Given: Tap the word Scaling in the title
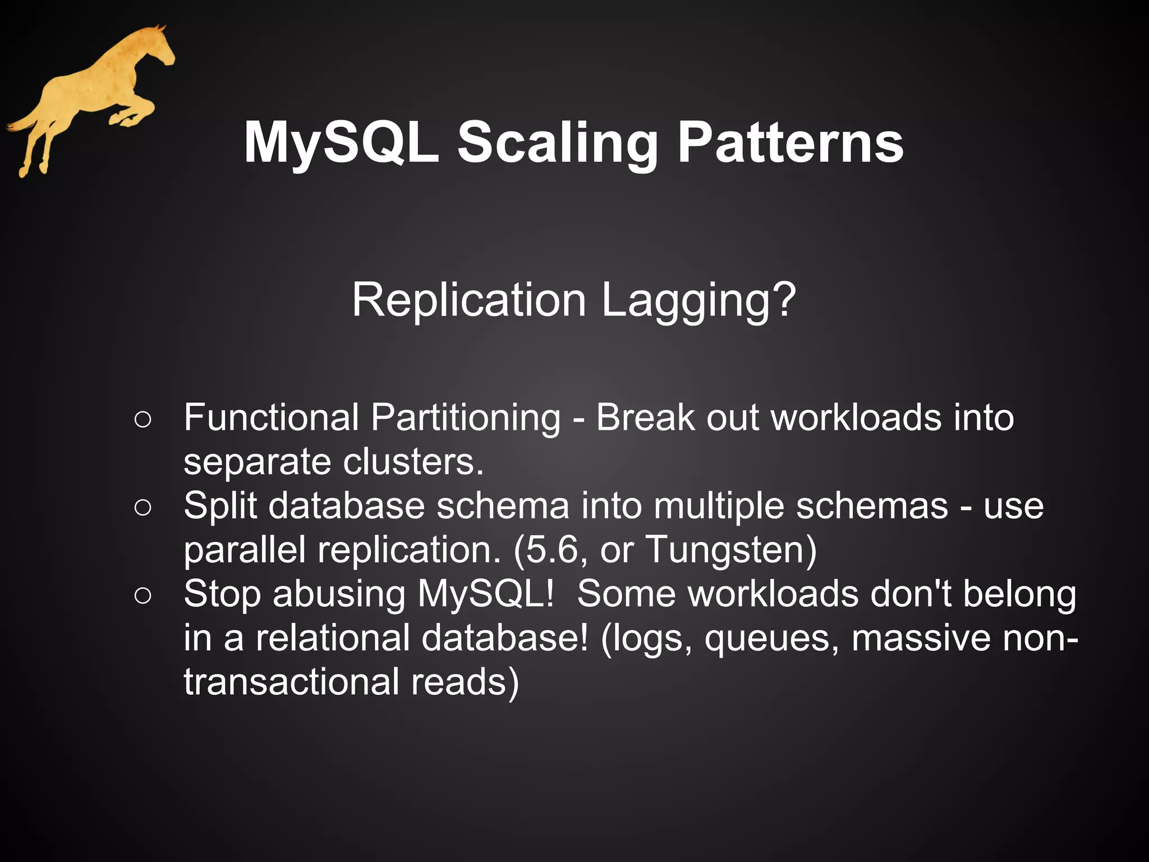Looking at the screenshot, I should point(558,145).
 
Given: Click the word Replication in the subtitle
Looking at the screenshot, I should point(469,300).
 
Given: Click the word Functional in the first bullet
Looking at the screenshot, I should point(271,418).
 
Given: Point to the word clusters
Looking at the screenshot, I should point(413,462).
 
